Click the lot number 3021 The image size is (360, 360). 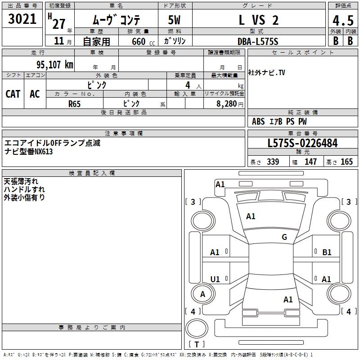22,19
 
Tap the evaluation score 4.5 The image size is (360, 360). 342,20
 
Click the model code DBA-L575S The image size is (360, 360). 258,41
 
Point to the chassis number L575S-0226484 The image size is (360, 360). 302,143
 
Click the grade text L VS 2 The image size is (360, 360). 258,20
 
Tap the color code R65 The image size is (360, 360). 74,103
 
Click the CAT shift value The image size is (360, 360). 13,94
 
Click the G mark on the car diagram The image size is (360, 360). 284,237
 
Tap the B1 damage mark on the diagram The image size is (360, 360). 327,252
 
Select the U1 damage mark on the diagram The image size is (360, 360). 215,279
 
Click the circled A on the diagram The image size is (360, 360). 202,294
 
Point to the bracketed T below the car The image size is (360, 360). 197,345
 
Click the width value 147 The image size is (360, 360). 311,162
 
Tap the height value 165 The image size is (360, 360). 346,162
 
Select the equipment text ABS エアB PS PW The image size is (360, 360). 279,121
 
